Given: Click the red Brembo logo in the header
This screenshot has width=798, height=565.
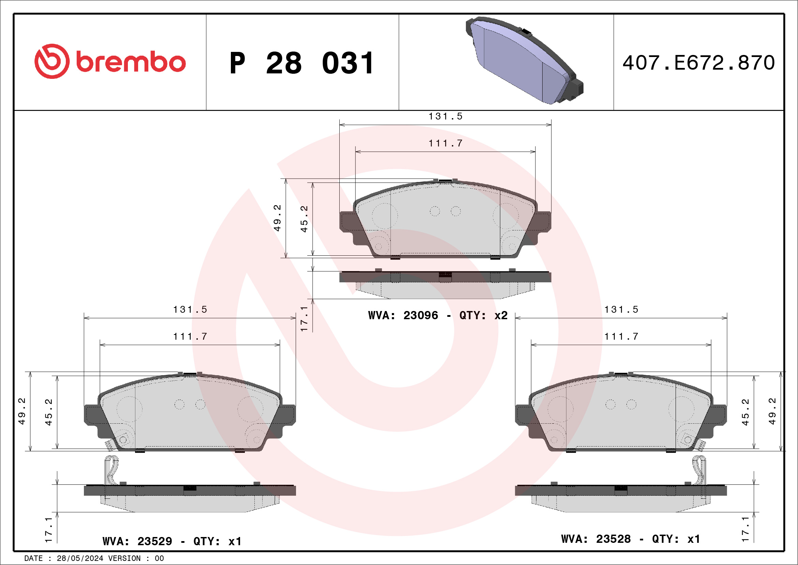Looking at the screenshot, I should coord(110,61).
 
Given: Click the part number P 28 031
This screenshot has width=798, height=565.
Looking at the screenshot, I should coord(302,63).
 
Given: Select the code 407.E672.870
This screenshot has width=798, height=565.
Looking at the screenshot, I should coord(699,63).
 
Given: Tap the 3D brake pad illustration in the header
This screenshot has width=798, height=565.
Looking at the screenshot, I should coord(524,61).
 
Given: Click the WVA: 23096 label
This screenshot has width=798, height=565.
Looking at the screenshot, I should coord(403,315).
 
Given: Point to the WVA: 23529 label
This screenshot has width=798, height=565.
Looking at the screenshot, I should coord(137,541).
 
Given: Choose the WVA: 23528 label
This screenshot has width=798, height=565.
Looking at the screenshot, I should coord(596,539).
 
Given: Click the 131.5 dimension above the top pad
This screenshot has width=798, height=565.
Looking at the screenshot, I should coord(445,116).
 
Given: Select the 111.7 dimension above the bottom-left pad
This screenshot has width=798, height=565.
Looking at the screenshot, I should coord(190,336).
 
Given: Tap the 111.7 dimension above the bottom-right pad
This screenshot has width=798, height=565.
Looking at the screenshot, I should coord(621,336).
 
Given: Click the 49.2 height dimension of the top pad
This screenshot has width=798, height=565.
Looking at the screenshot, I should coord(277,218).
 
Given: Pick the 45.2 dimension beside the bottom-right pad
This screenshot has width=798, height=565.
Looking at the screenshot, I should coord(745,412).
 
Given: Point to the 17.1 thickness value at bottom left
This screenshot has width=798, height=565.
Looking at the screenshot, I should coord(48,530).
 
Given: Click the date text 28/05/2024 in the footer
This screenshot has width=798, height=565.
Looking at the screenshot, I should coord(80,559).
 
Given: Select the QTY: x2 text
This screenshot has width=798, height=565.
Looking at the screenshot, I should coord(483,315).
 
